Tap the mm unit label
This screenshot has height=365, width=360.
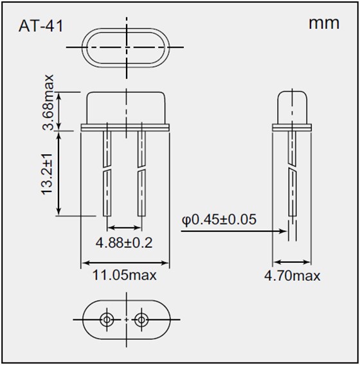323,24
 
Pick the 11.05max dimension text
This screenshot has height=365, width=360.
123,276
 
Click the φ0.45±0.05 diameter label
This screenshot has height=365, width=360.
219,220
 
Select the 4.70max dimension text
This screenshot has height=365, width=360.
292,276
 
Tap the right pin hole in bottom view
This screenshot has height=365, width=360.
141,319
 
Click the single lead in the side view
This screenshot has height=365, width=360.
292,180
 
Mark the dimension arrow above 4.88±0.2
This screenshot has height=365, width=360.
124,227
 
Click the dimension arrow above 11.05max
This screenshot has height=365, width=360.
124,262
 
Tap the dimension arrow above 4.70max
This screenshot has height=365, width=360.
292,262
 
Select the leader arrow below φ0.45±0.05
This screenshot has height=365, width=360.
231,232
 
